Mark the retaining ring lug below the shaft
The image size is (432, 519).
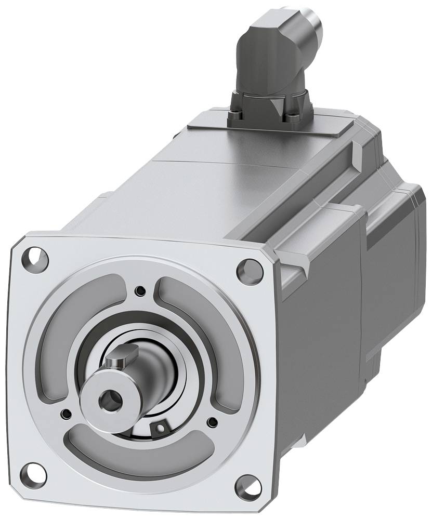160,428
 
